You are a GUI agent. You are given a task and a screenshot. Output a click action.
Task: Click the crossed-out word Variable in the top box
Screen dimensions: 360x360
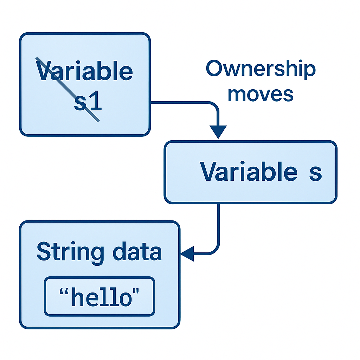(84, 72)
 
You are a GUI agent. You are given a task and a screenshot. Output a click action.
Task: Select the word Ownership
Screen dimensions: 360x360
(261, 70)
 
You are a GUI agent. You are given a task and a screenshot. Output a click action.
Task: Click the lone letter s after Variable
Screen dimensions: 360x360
(315, 173)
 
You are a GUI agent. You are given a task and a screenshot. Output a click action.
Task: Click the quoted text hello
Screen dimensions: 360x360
(99, 297)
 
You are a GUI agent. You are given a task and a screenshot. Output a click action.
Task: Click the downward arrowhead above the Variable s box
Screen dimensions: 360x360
(218, 132)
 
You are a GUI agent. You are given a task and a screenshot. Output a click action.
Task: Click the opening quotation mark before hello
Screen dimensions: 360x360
(64, 291)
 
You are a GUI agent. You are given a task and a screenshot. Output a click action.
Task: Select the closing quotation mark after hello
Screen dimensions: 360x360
(135, 291)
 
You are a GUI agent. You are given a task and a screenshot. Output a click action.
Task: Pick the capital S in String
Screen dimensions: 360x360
(44, 252)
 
